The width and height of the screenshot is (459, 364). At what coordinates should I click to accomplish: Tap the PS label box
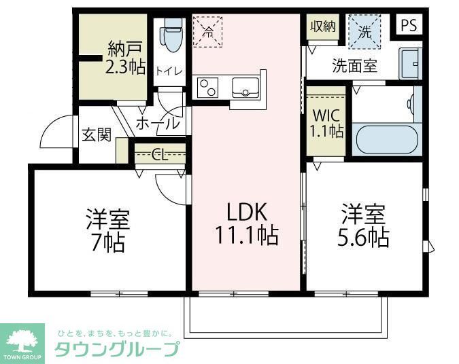pyautogui.click(x=408, y=25)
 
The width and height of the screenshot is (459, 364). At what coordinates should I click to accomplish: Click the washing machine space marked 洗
pyautogui.click(x=364, y=31)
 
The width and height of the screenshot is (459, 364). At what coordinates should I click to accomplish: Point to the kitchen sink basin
pyautogui.click(x=244, y=88)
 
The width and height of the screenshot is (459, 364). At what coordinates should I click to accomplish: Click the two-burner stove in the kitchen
pyautogui.click(x=207, y=87)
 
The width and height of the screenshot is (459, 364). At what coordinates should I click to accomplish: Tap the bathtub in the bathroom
pyautogui.click(x=386, y=140)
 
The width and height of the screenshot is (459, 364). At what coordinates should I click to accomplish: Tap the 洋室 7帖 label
pyautogui.click(x=107, y=230)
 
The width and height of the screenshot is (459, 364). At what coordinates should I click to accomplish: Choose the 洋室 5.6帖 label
pyautogui.click(x=364, y=225)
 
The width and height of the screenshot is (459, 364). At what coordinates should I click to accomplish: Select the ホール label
pyautogui.click(x=158, y=124)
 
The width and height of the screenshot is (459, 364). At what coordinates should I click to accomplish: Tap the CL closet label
pyautogui.click(x=160, y=154)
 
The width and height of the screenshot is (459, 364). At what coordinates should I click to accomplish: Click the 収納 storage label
pyautogui.click(x=323, y=26)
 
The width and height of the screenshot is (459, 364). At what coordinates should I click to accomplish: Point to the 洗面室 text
pyautogui.click(x=354, y=67)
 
